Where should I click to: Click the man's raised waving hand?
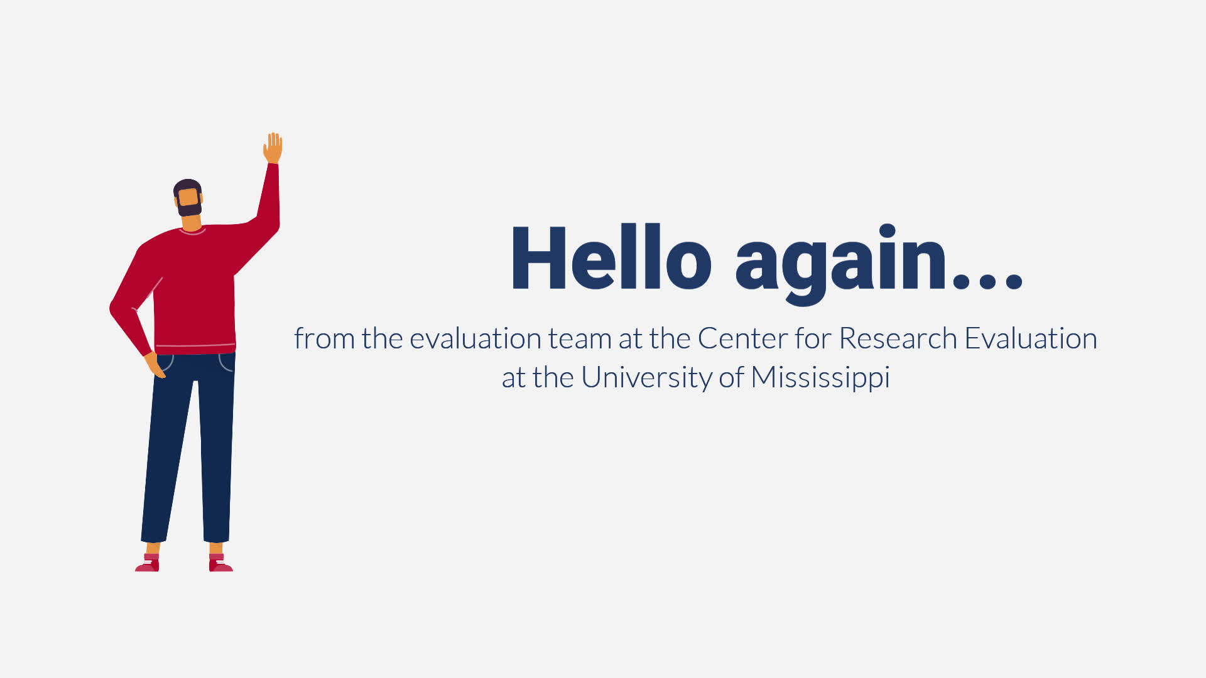[273, 148]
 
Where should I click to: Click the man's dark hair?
[187, 186]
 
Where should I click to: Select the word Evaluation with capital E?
[1031, 338]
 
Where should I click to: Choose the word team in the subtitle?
[580, 339]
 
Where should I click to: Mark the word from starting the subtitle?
[324, 338]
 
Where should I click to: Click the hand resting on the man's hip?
[154, 365]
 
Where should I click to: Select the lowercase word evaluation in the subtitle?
[475, 338]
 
